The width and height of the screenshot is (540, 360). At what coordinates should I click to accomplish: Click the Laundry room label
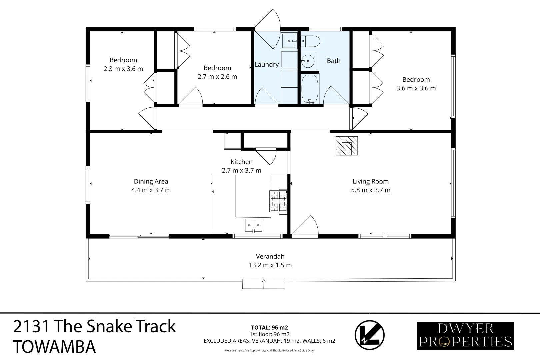point(266,64)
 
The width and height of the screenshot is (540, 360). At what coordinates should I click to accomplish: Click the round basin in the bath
point(308,61)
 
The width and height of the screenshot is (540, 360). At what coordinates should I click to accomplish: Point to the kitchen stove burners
point(278,201)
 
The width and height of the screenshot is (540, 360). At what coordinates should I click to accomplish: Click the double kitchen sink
point(253,225)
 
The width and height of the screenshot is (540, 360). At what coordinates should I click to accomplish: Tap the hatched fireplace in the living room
point(347,146)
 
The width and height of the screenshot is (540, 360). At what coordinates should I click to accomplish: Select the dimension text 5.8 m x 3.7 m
point(370,190)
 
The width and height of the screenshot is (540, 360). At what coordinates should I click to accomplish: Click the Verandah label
point(270,256)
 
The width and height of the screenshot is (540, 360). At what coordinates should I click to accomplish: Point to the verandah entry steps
point(264,284)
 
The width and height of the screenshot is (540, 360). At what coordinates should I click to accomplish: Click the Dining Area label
point(151,181)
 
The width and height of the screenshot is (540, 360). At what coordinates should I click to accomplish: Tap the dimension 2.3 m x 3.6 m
point(123,69)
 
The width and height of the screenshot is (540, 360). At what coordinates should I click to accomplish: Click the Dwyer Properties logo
point(465,336)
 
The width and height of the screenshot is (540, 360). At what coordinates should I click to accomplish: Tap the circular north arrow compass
point(369,335)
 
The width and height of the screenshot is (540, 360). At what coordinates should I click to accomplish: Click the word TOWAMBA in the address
point(54,347)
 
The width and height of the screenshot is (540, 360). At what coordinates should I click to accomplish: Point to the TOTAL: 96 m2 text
point(269,327)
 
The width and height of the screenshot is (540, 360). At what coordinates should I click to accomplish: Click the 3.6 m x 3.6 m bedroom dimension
point(416,88)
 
